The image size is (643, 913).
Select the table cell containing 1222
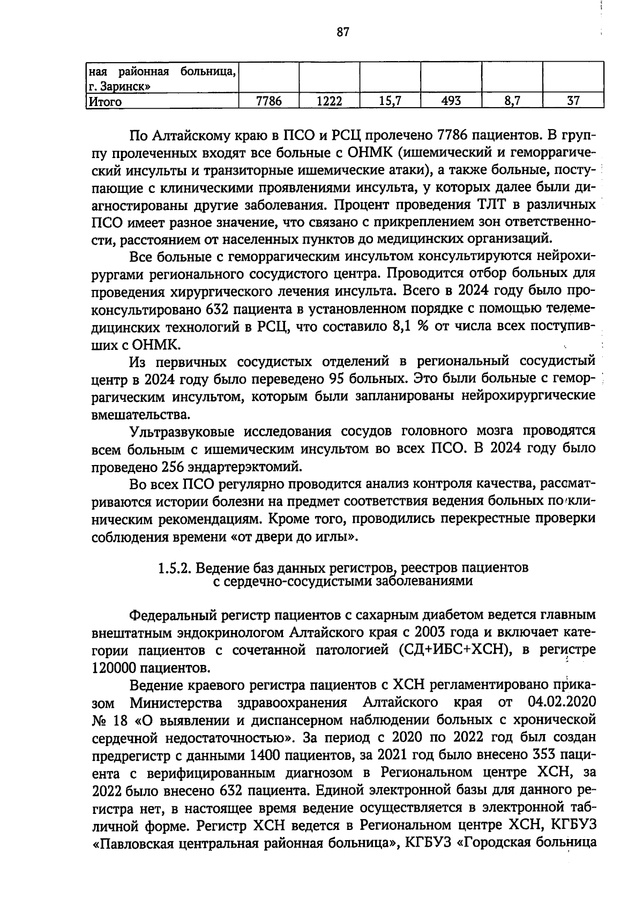328,101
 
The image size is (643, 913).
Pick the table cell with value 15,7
390,101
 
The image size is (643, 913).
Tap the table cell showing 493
451,101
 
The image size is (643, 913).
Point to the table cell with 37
573,101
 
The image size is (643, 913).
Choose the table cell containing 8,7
512,101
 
